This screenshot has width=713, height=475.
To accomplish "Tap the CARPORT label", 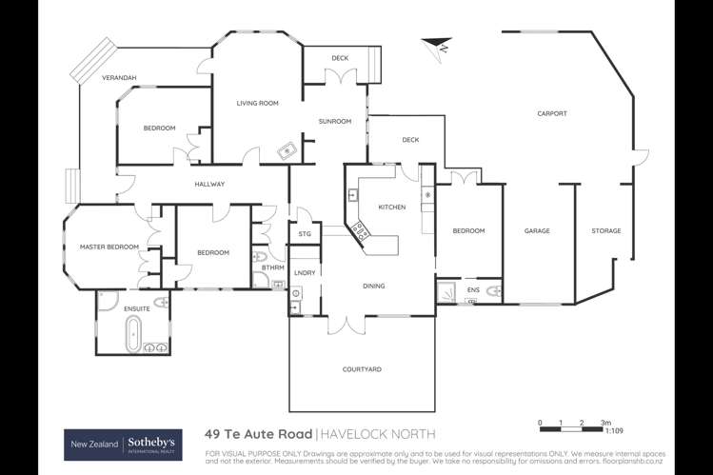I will click(551, 113).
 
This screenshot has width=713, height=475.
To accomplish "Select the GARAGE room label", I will click(537, 231).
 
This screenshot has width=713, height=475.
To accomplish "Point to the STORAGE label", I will click(605, 231).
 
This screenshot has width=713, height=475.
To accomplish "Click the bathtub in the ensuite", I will click(133, 333).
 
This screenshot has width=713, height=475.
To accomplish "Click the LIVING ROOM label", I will click(257, 103).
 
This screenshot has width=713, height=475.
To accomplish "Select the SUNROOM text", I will click(334, 121).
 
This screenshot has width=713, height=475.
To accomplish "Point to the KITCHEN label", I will click(392, 207).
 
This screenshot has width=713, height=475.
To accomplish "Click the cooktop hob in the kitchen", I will click(362, 229).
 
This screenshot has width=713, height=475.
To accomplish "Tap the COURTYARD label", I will click(361, 369).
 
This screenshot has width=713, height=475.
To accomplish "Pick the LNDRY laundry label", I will click(305, 273).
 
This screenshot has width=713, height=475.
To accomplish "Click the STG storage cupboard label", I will click(305, 232).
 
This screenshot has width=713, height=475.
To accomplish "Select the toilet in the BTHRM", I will click(261, 257).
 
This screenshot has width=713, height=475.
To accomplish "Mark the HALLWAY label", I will click(208, 184).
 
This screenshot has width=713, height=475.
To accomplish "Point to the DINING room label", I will click(374, 286).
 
